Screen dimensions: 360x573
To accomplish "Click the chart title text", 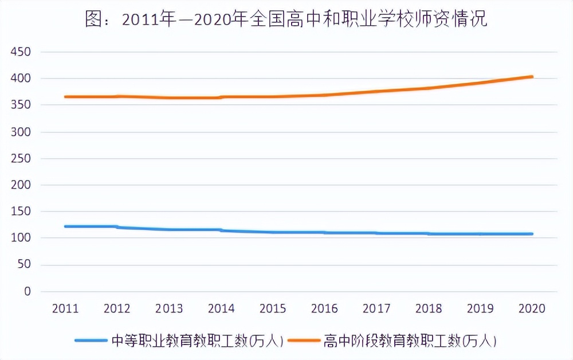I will [x=286, y=19].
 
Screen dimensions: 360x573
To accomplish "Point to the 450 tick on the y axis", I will [x=20, y=52].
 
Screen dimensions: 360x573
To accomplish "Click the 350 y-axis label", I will [x=20, y=105].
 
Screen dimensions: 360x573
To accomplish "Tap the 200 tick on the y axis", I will [x=20, y=185].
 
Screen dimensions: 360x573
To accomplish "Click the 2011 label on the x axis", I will [x=65, y=309].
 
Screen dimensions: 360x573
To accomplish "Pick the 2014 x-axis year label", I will [x=221, y=309].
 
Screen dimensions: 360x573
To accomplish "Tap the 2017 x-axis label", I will [x=376, y=309].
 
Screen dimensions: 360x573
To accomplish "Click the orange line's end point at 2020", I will [x=532, y=77].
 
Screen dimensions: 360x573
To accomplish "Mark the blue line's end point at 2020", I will [x=532, y=234].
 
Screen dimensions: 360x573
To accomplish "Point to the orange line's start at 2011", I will [x=65, y=97].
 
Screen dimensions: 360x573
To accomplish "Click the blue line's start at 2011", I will [x=65, y=226].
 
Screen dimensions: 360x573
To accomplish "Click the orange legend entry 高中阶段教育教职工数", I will [x=410, y=341].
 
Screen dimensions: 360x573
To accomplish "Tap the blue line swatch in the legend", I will [x=91, y=341].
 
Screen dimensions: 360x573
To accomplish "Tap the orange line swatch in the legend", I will [x=304, y=341].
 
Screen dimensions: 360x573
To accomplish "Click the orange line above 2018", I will [x=429, y=88].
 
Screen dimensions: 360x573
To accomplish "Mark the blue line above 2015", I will [x=273, y=232].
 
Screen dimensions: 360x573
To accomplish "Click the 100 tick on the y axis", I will [x=20, y=238].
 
